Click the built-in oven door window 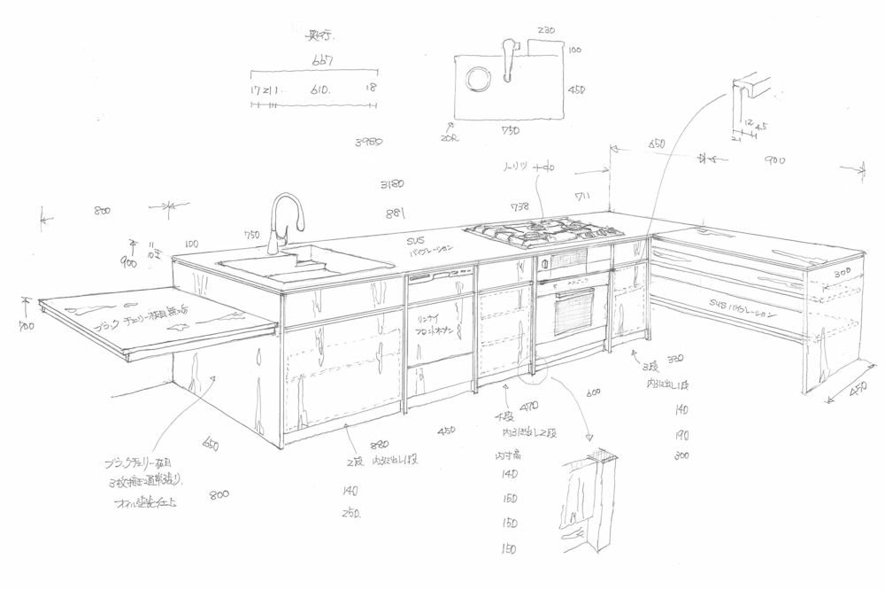[573, 311]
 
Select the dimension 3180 [392, 185]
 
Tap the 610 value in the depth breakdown [320, 89]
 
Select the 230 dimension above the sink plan [545, 31]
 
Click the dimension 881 [395, 213]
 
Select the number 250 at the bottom [350, 513]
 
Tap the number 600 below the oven [592, 393]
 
